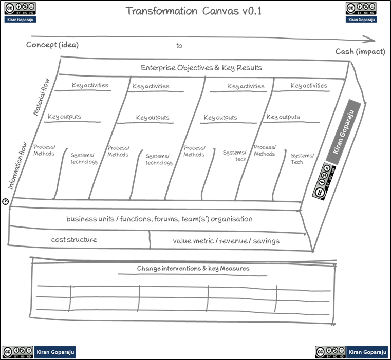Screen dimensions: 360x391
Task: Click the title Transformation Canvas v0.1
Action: point(194,11)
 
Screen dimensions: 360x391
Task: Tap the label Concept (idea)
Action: point(52,45)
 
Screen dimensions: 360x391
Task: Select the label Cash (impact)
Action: point(360,51)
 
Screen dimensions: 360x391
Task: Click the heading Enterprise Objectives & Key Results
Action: point(201,68)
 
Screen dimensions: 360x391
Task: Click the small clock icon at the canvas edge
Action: point(6,201)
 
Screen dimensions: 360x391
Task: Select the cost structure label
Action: point(74,240)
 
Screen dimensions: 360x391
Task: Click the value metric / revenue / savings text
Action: point(226,241)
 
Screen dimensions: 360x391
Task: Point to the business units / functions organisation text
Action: point(159,219)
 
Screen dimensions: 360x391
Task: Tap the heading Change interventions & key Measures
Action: point(193,269)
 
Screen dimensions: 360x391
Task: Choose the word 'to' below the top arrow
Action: point(179,46)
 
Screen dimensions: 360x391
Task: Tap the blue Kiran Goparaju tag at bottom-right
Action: point(366,352)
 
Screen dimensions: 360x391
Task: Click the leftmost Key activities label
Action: point(90,85)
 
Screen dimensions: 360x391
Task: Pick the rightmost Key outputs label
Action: point(283,117)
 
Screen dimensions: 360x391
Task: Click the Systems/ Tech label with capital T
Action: point(301,159)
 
